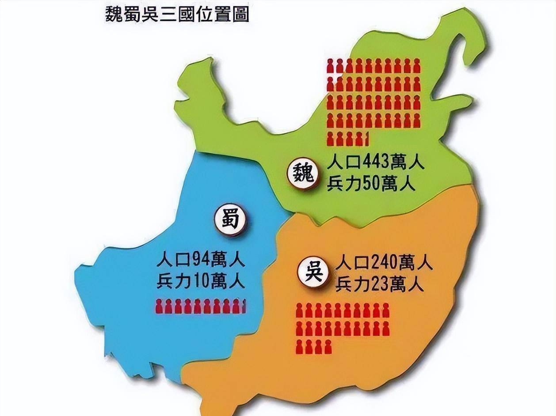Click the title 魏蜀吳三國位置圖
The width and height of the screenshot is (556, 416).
click(x=177, y=15)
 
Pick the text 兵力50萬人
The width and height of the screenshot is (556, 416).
click(x=371, y=184)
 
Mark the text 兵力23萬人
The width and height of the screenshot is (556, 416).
click(x=380, y=284)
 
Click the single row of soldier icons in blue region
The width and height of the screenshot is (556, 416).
click(x=200, y=306)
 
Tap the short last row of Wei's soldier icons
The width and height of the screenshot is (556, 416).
click(x=347, y=138)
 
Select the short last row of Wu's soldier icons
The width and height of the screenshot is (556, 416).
click(x=313, y=347)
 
